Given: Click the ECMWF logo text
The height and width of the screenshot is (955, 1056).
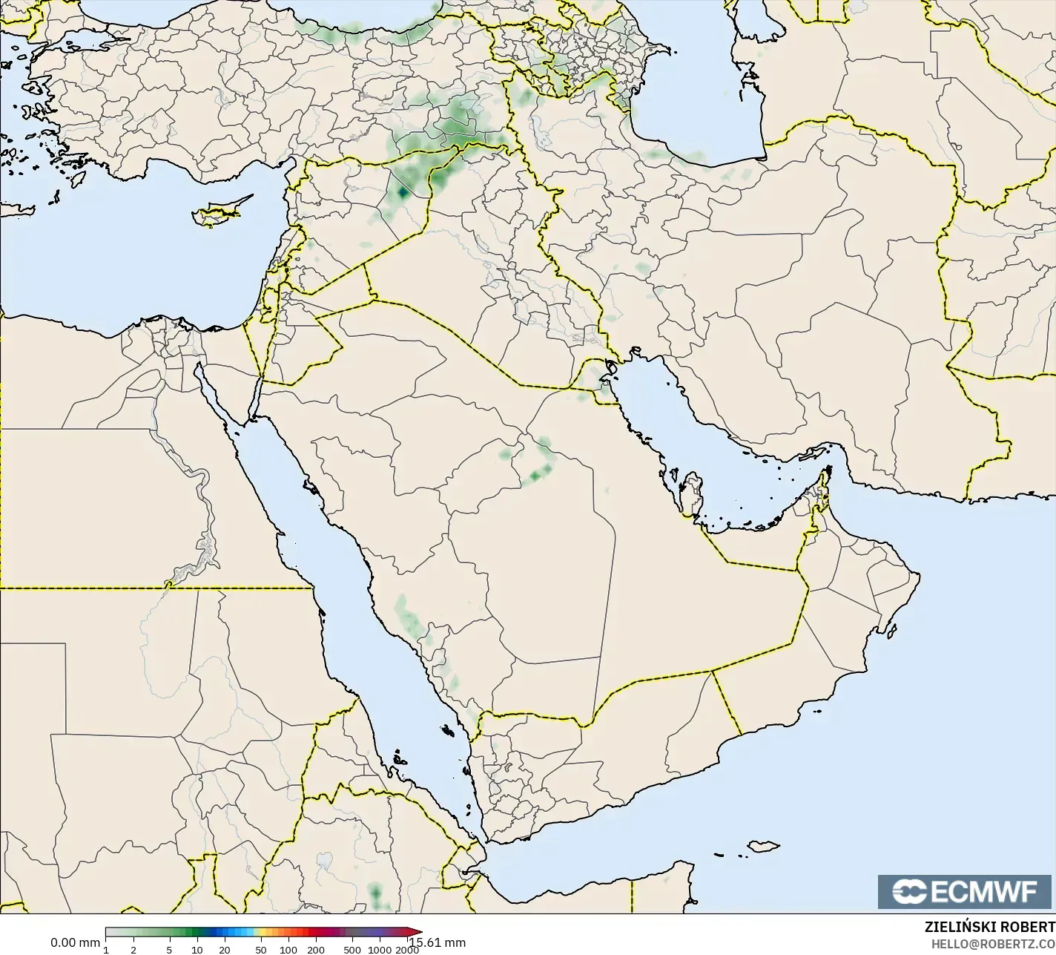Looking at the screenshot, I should (984, 892).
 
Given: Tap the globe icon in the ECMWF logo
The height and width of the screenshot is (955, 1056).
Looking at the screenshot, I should (908, 892).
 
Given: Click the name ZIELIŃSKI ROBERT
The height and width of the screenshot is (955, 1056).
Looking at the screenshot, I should (989, 928).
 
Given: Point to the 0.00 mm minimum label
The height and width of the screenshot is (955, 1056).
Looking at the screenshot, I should (74, 943).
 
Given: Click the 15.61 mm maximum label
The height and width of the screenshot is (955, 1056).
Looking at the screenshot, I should (438, 943).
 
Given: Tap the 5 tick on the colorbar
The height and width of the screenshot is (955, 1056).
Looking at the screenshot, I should (169, 950).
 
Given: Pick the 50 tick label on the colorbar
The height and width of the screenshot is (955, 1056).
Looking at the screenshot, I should (260, 950).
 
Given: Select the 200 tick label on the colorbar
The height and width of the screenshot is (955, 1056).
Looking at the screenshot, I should (316, 950).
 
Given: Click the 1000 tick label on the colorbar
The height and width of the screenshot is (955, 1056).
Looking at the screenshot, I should (379, 950).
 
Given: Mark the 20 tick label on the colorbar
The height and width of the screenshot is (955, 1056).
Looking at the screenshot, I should (225, 950).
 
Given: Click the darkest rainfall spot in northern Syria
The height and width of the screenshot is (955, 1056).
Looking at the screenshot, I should (402, 192).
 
